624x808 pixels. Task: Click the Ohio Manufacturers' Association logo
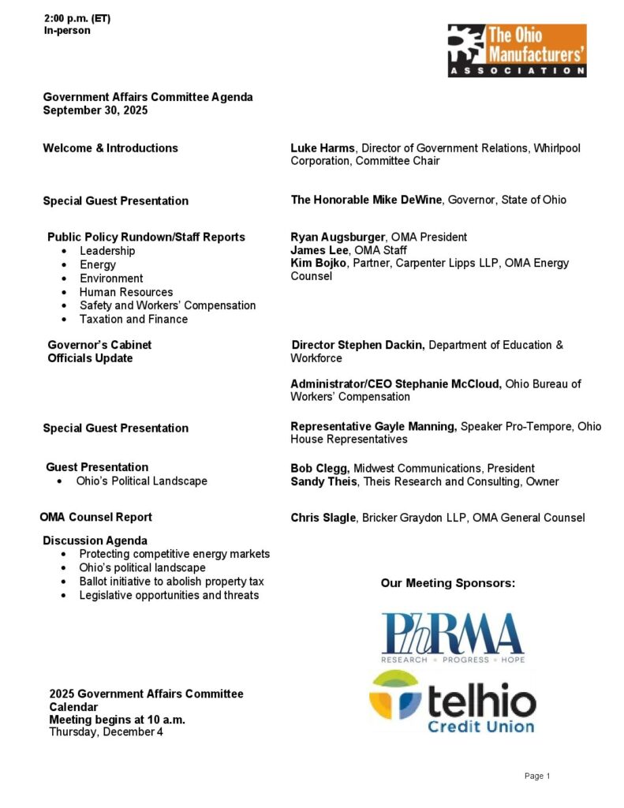[x=517, y=50]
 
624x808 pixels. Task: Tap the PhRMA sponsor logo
[x=453, y=637]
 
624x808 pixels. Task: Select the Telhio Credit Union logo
[x=452, y=701]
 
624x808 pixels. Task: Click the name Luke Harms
[x=323, y=148]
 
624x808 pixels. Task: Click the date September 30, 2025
[x=95, y=110]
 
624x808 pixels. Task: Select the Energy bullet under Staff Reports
[x=98, y=264]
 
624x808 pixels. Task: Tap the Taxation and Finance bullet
[x=133, y=319]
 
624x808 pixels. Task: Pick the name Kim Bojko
[x=318, y=263]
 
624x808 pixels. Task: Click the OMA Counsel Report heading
[x=95, y=517]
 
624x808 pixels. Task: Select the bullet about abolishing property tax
[x=171, y=582]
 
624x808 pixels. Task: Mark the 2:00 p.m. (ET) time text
[x=77, y=18]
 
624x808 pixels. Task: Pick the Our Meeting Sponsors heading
[x=447, y=583]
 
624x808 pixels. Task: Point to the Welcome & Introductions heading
[x=110, y=148]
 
